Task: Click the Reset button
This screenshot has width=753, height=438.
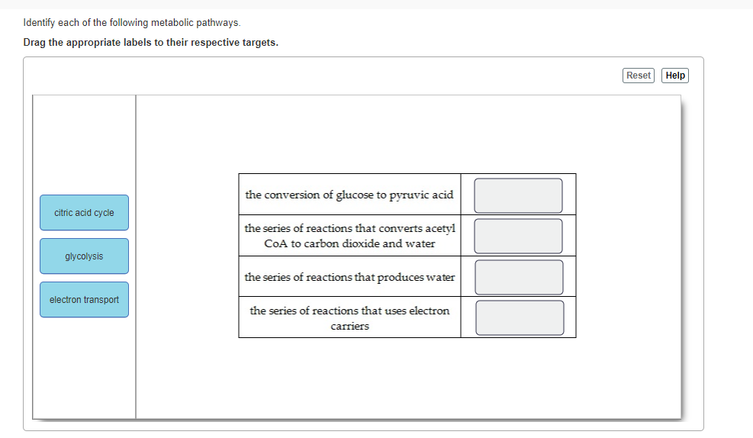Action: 639,76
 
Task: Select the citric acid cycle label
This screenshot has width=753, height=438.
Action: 84,213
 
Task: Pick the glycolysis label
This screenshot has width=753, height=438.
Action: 84,256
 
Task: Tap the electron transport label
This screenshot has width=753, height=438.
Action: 84,300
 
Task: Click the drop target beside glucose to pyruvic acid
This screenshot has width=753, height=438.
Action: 518,195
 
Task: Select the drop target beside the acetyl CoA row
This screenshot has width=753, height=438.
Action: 518,237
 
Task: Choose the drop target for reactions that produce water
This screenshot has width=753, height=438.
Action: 519,277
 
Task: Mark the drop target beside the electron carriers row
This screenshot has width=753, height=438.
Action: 520,317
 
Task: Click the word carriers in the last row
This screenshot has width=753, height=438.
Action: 349,327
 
